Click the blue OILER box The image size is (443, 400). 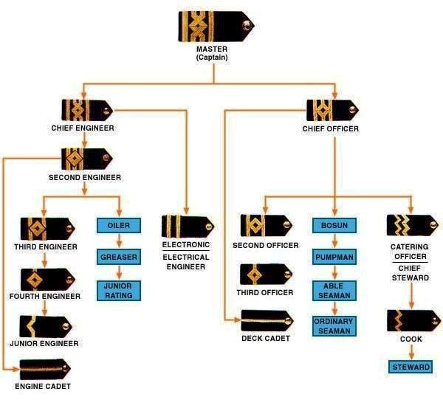(119, 225)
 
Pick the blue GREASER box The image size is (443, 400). (119, 257)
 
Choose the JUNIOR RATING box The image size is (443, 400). (119, 290)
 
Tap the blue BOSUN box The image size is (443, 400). (335, 225)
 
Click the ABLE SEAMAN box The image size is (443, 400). (335, 290)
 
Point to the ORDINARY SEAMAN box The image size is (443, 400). (335, 326)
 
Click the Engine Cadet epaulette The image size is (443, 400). (44, 368)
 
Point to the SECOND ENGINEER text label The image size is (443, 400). (85, 178)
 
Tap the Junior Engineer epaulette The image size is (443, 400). (44, 325)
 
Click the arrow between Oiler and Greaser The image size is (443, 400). (119, 241)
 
